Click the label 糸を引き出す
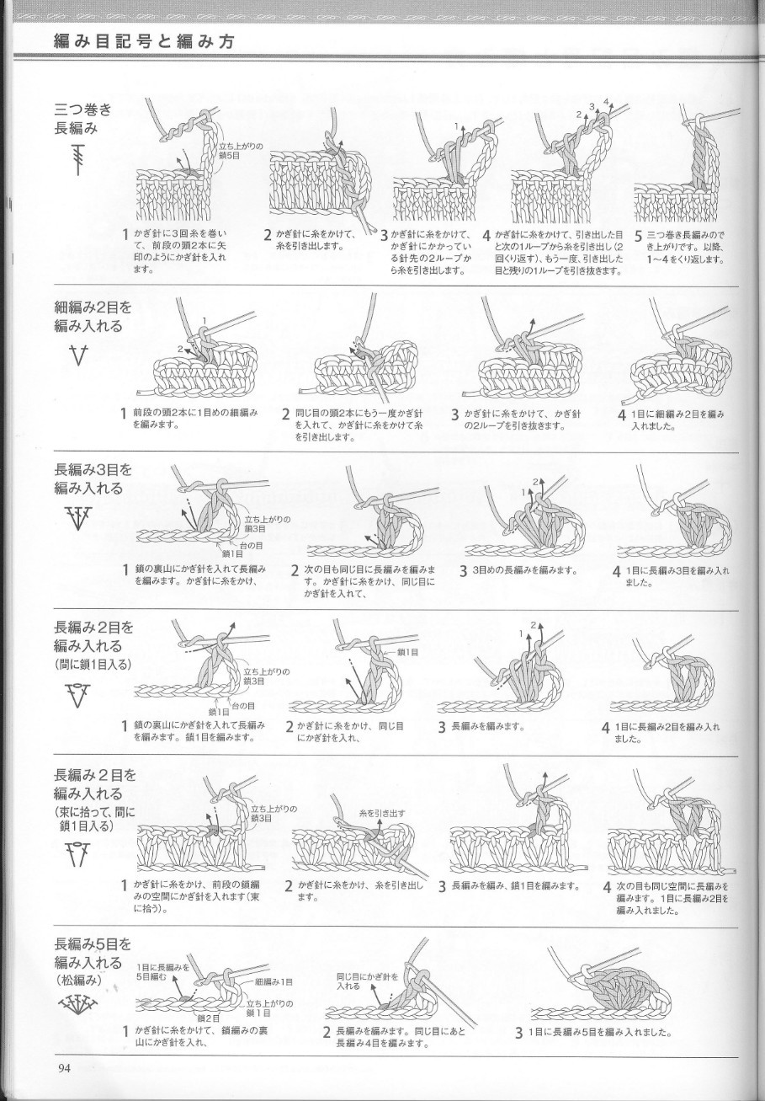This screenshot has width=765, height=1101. point(382,813)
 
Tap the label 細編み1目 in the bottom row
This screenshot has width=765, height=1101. point(273,982)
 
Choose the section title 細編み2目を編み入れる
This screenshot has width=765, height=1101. point(93,317)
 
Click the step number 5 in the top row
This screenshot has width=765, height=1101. point(639,238)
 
